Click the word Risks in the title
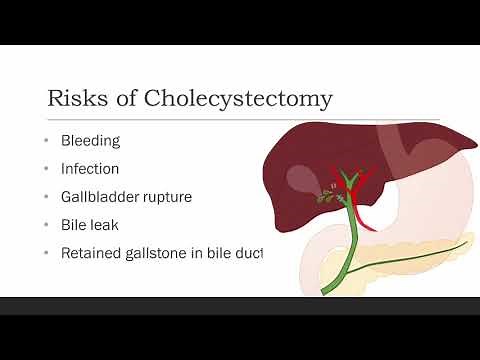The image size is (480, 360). [73, 99]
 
